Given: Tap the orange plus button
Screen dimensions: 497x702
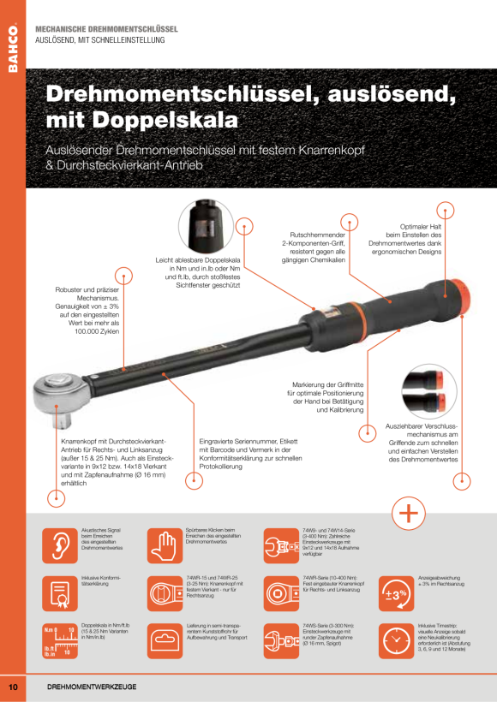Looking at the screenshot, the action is pos(409,514).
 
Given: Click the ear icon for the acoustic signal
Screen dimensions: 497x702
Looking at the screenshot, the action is pos(59,544).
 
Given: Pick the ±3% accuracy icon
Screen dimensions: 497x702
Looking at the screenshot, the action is pos(396,592).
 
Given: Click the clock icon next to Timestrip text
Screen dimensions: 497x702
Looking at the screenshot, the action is pos(396,640).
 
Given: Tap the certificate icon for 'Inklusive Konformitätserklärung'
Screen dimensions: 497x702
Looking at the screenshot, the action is pos(59,592).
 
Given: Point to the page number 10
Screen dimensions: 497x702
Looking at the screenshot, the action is pos(13,687).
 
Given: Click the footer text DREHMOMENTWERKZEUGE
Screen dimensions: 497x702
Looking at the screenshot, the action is pos(92,687).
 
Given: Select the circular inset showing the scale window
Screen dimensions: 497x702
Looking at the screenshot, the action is pos(206,226).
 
